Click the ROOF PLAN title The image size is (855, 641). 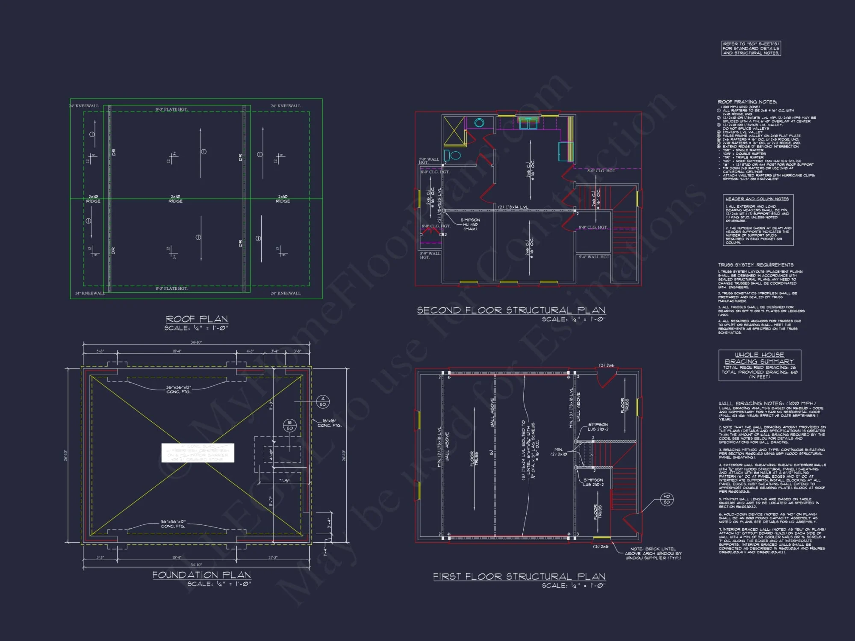pos(197,319)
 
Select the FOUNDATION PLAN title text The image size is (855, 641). pos(202,575)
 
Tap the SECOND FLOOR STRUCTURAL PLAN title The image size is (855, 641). pos(511,310)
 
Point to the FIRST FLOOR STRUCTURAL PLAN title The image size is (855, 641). pos(519,576)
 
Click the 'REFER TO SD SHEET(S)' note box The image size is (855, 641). pos(751,48)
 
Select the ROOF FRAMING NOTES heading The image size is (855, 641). pos(747,102)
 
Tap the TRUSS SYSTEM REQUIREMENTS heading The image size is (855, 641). pos(755,265)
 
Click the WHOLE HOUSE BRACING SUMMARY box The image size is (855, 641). pos(760,365)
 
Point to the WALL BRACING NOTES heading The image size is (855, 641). pos(767,403)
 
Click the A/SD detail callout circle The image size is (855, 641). pos(323,402)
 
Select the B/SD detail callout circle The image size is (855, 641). pos(290,425)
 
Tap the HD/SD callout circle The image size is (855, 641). pos(666,499)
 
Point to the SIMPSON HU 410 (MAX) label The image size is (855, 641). pos(470,224)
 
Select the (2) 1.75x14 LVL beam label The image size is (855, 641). pos(513,207)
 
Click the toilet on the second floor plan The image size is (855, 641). pos(454,155)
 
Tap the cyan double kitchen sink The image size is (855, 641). pos(528,124)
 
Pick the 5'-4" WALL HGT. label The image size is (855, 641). pos(594,257)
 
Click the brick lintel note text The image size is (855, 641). pos(653,553)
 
